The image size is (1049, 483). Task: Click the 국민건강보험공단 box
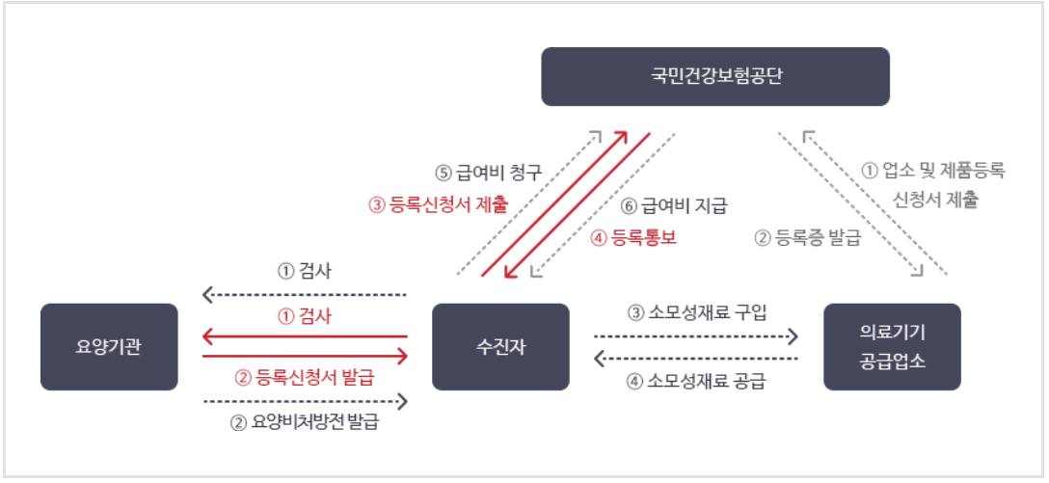(715, 76)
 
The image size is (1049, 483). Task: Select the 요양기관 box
(109, 347)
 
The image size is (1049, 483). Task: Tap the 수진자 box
(499, 347)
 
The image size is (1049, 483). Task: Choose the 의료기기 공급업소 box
(892, 347)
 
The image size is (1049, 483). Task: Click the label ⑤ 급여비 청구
(489, 174)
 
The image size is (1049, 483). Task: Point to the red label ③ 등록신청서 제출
(439, 204)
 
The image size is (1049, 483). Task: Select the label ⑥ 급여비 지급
(672, 204)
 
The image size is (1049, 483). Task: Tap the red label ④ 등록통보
(632, 237)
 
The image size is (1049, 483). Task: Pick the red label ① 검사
(305, 315)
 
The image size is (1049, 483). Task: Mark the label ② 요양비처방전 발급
(305, 422)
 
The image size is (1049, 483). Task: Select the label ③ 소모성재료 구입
(696, 312)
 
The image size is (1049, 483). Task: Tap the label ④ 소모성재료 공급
(696, 380)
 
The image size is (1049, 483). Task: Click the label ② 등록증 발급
(807, 237)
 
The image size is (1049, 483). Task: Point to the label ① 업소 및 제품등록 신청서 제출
(932, 186)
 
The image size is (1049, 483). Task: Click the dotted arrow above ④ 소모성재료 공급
(696, 359)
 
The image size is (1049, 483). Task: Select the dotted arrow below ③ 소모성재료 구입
(696, 335)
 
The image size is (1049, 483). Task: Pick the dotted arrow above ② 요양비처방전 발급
(305, 400)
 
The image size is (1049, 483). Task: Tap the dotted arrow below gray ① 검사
(305, 294)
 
